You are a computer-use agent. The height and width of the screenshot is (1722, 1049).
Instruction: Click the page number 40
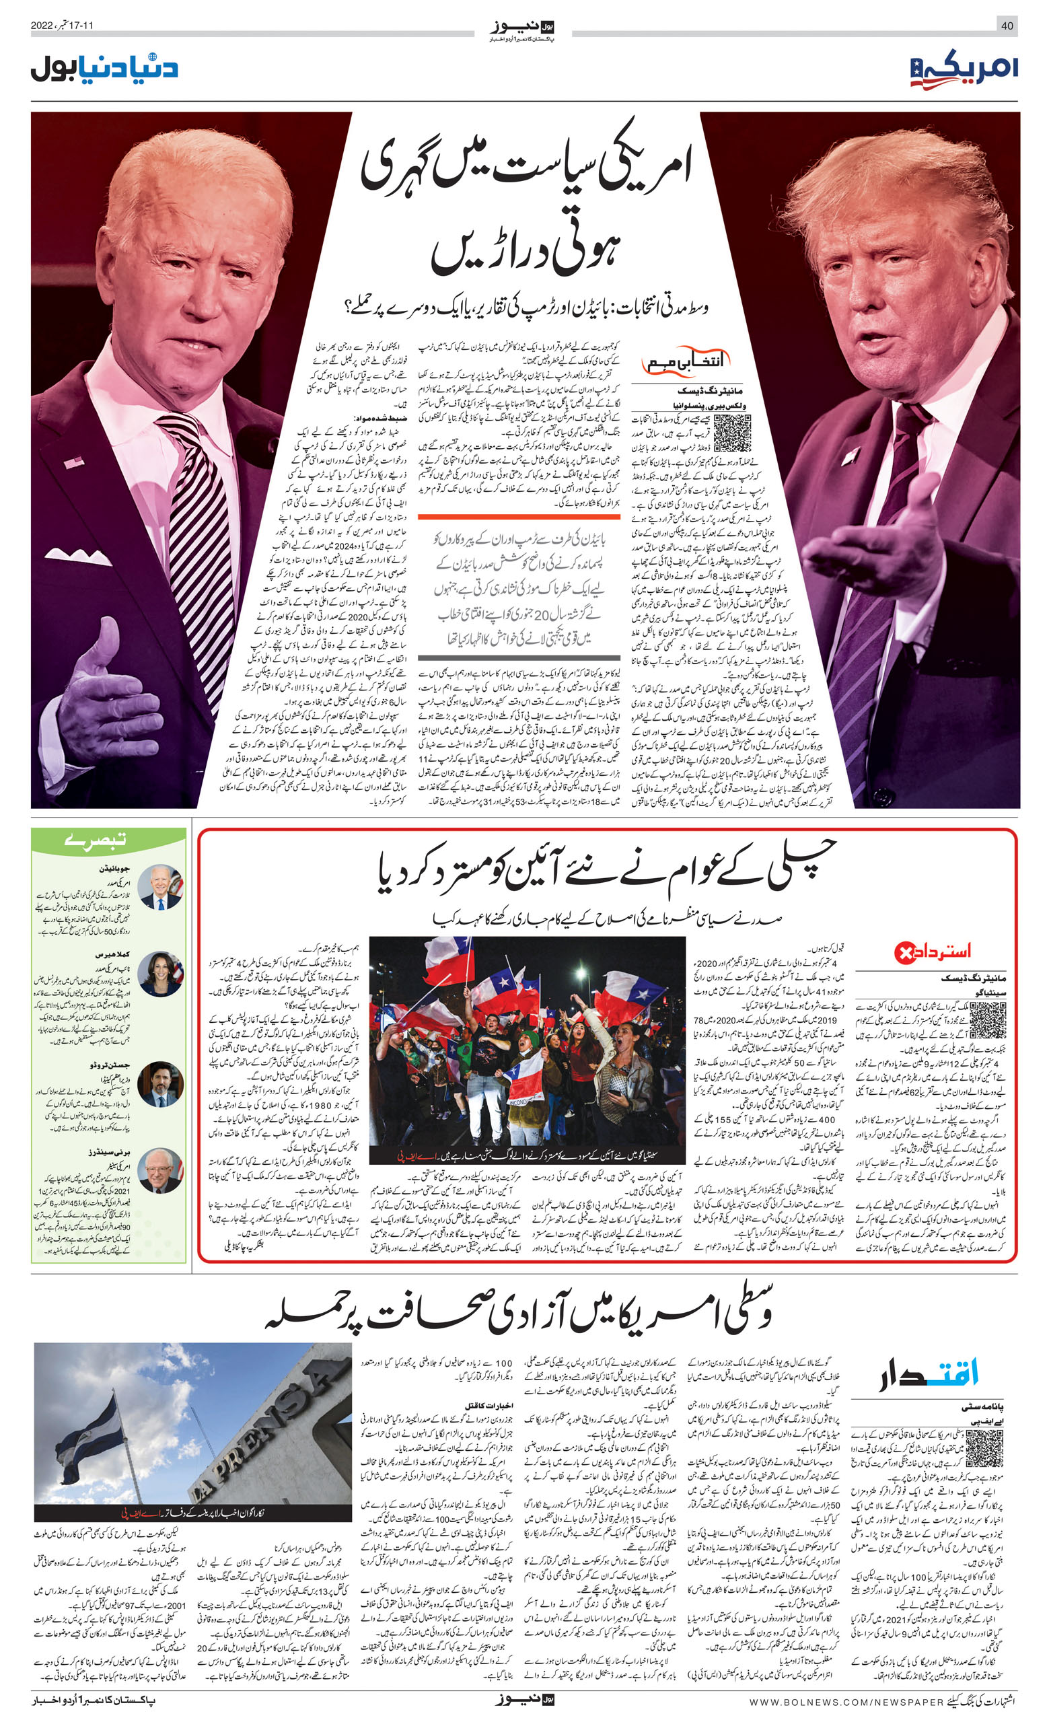pos(1007,26)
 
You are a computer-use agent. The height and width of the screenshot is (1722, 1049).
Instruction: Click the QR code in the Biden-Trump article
pos(731,433)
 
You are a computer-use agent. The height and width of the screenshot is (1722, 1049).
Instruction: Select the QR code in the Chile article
pos(988,1020)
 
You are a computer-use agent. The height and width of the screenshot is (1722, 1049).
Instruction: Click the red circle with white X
pos(905,952)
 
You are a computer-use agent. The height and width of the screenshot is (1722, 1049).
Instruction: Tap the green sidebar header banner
pos(108,840)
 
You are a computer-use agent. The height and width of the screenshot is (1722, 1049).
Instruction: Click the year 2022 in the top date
pos(42,26)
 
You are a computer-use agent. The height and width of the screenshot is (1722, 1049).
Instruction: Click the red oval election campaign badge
pos(686,362)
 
